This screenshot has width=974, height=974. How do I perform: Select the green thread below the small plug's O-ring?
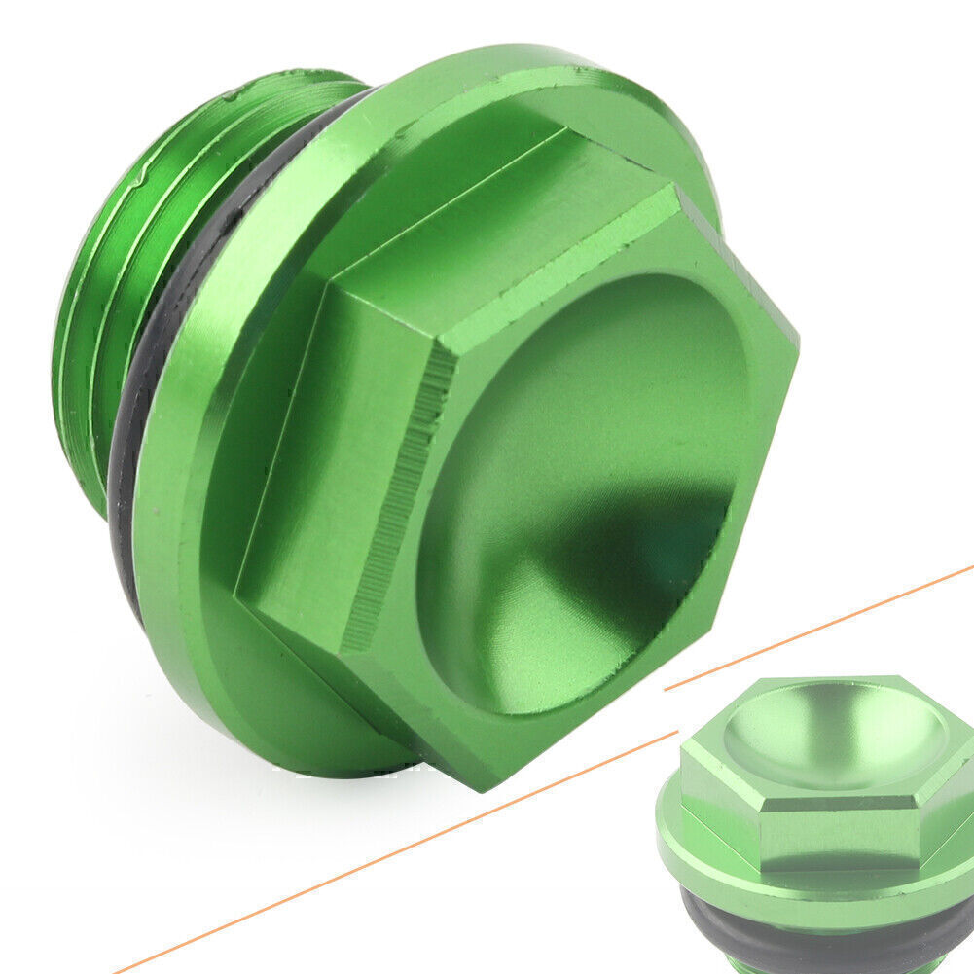coord(817,969)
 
